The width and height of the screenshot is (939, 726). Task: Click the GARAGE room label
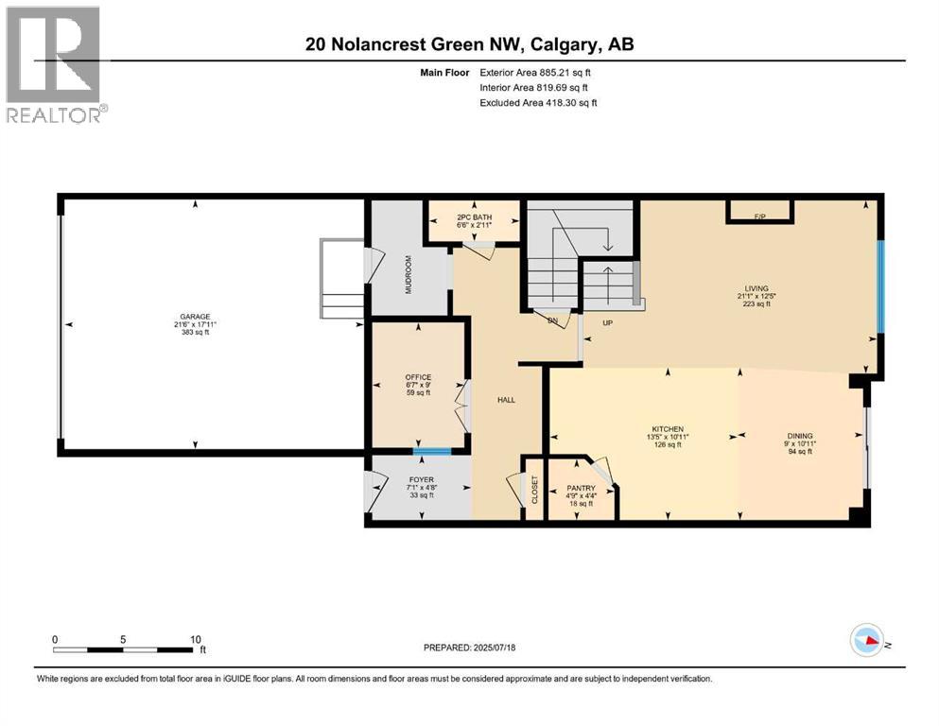click(x=196, y=317)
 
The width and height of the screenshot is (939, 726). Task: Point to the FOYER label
click(x=422, y=480)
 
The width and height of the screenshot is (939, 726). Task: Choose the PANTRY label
click(x=582, y=488)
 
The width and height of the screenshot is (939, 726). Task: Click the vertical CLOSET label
click(x=534, y=490)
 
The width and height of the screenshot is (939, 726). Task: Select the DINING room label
click(x=798, y=436)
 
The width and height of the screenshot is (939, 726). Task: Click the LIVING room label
click(x=756, y=288)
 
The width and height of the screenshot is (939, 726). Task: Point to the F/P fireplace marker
click(x=759, y=216)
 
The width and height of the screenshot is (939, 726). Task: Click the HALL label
click(x=507, y=400)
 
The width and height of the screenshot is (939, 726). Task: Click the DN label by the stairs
click(x=553, y=321)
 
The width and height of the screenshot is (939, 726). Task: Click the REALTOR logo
click(x=55, y=64)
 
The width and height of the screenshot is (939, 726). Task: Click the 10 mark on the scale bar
click(x=195, y=638)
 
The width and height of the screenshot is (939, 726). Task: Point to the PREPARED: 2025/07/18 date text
click(x=469, y=648)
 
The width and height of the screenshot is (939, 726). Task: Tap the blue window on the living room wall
click(x=879, y=287)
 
